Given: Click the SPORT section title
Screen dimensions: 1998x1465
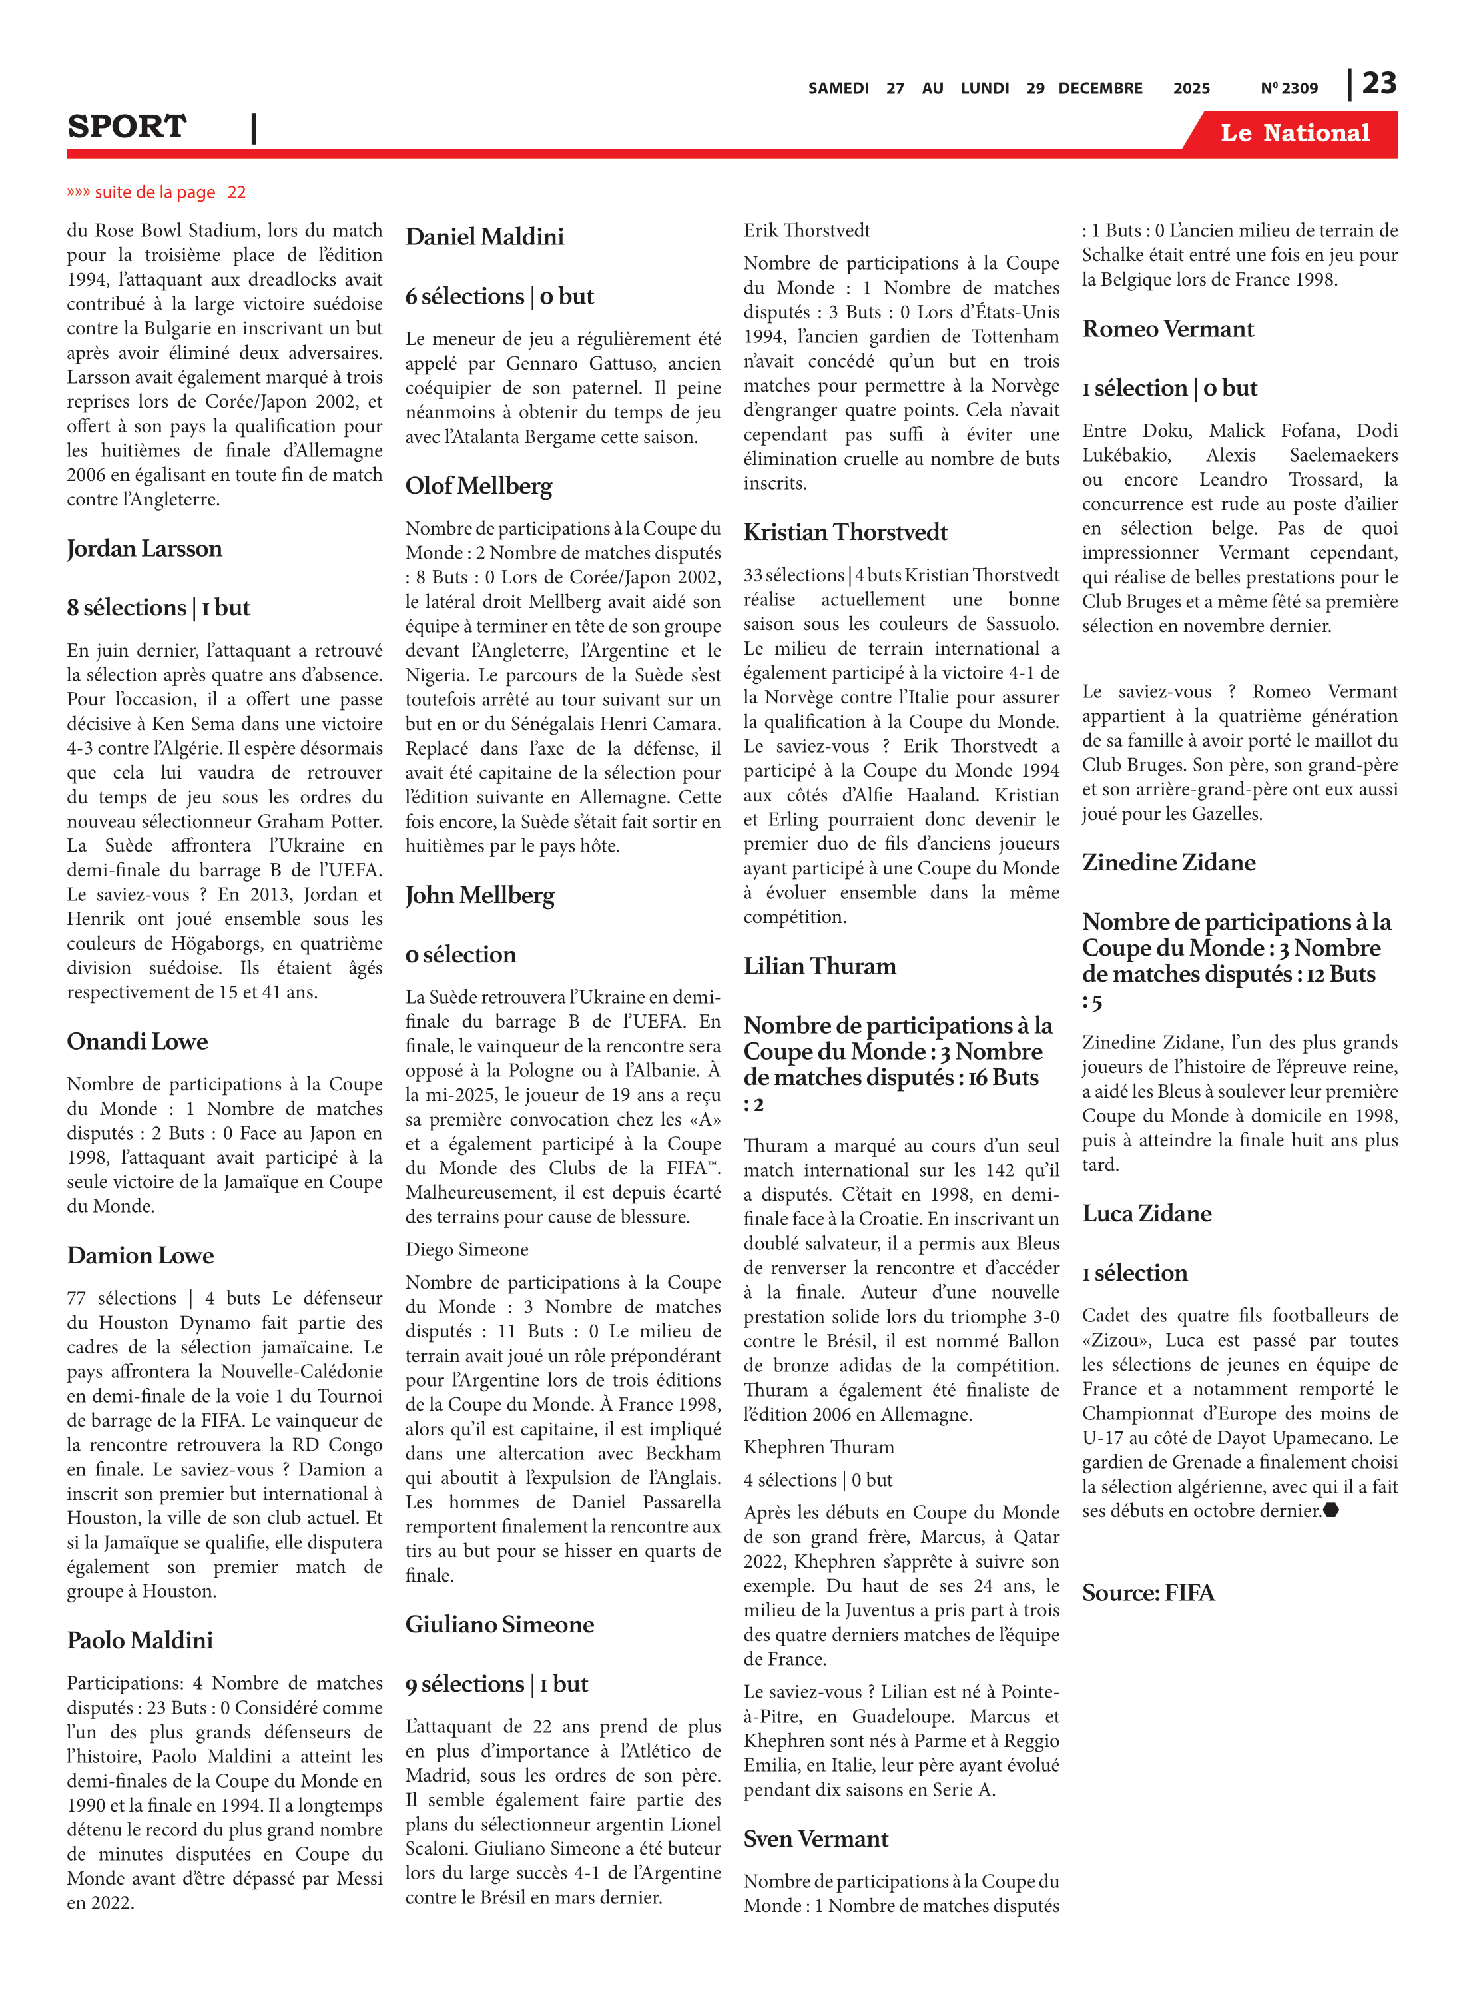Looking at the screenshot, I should click(x=127, y=127).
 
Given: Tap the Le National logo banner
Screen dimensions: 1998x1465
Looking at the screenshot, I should click(x=1294, y=133).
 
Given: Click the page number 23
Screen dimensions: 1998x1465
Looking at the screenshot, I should click(x=1379, y=83).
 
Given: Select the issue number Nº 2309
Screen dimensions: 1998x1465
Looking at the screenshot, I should click(x=1289, y=89).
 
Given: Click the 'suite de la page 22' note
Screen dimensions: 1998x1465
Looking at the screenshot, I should click(x=156, y=192).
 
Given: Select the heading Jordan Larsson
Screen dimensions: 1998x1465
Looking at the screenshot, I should click(x=145, y=549).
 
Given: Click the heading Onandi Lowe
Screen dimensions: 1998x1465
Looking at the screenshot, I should click(x=137, y=1041).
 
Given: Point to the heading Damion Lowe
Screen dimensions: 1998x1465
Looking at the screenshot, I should click(x=140, y=1255).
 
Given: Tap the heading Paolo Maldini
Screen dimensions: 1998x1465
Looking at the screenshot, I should click(x=140, y=1640).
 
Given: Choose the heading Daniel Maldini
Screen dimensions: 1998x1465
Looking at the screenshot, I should click(x=484, y=237).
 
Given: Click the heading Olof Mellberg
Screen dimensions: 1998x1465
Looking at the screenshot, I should click(x=478, y=486).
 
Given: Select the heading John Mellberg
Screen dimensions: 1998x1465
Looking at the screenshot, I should click(x=479, y=896).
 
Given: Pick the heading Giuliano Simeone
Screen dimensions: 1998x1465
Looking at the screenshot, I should click(x=499, y=1624).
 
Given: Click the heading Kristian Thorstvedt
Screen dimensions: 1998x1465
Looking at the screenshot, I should click(x=845, y=532).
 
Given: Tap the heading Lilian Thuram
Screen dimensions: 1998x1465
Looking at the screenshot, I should click(x=820, y=966).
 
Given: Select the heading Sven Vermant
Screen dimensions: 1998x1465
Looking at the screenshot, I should click(x=815, y=1839).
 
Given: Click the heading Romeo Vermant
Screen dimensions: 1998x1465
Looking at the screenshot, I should click(x=1167, y=329).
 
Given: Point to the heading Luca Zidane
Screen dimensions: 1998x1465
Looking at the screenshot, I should click(x=1146, y=1213).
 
